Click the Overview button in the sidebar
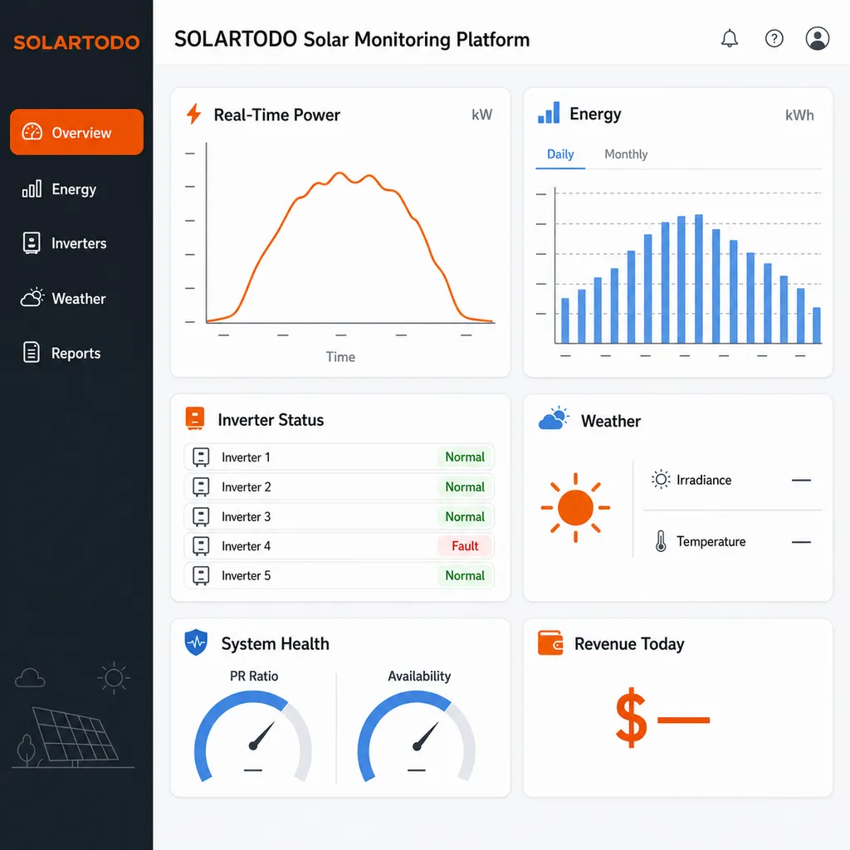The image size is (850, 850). (76, 132)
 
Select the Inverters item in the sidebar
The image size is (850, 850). (65, 243)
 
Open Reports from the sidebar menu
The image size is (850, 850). (61, 353)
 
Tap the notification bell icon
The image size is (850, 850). (729, 38)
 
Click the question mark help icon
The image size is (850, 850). (774, 38)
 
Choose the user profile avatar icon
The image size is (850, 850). (817, 38)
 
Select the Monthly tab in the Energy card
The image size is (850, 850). (626, 154)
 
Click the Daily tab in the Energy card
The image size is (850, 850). (560, 154)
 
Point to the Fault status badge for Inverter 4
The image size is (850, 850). (465, 546)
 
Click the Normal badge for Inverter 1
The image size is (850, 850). (465, 457)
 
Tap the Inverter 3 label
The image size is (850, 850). (246, 516)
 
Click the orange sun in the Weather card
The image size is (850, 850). (575, 507)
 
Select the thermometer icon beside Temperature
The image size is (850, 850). (661, 541)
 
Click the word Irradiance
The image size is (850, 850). (704, 481)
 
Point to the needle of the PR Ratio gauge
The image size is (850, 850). (261, 735)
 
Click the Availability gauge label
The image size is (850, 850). (419, 676)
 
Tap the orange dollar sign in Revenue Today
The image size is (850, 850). (632, 718)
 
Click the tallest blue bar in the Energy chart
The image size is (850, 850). (699, 279)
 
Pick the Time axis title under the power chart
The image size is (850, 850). (340, 357)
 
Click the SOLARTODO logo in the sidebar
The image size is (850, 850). (76, 42)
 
